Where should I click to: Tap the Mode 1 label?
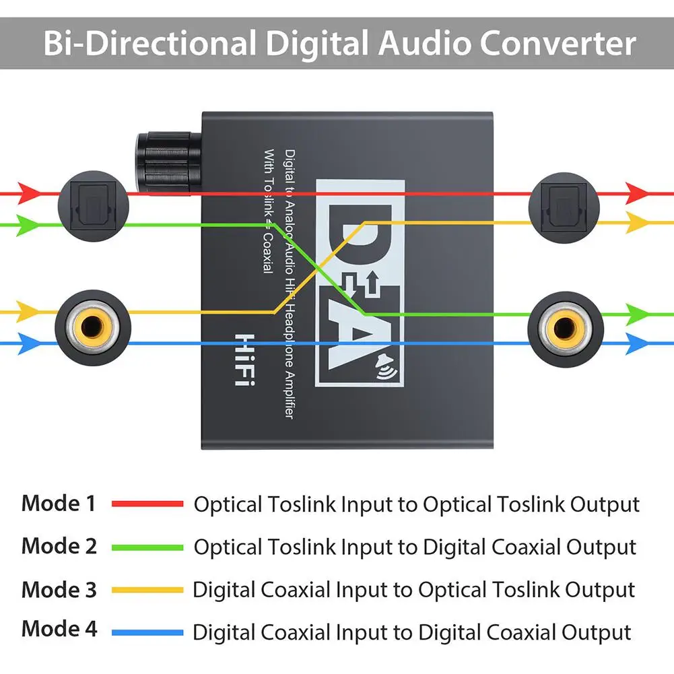click(59, 503)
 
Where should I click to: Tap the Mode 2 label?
click(59, 546)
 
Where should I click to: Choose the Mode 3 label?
click(59, 590)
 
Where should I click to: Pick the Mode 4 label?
click(59, 630)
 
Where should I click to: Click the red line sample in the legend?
click(147, 504)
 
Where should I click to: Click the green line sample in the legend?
click(147, 547)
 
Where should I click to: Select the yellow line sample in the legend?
click(147, 591)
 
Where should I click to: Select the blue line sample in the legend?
click(147, 632)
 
